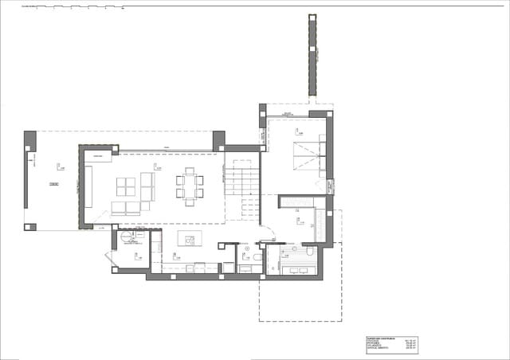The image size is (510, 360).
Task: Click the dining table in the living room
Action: pos(190,186)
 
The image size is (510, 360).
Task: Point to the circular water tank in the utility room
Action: pos(125,237)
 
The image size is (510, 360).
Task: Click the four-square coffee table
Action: pos(126,186)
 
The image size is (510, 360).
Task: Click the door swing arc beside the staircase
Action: pos(269,235)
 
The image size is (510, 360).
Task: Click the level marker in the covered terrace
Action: pos(60,166)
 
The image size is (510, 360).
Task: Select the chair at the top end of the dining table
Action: pos(190,170)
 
